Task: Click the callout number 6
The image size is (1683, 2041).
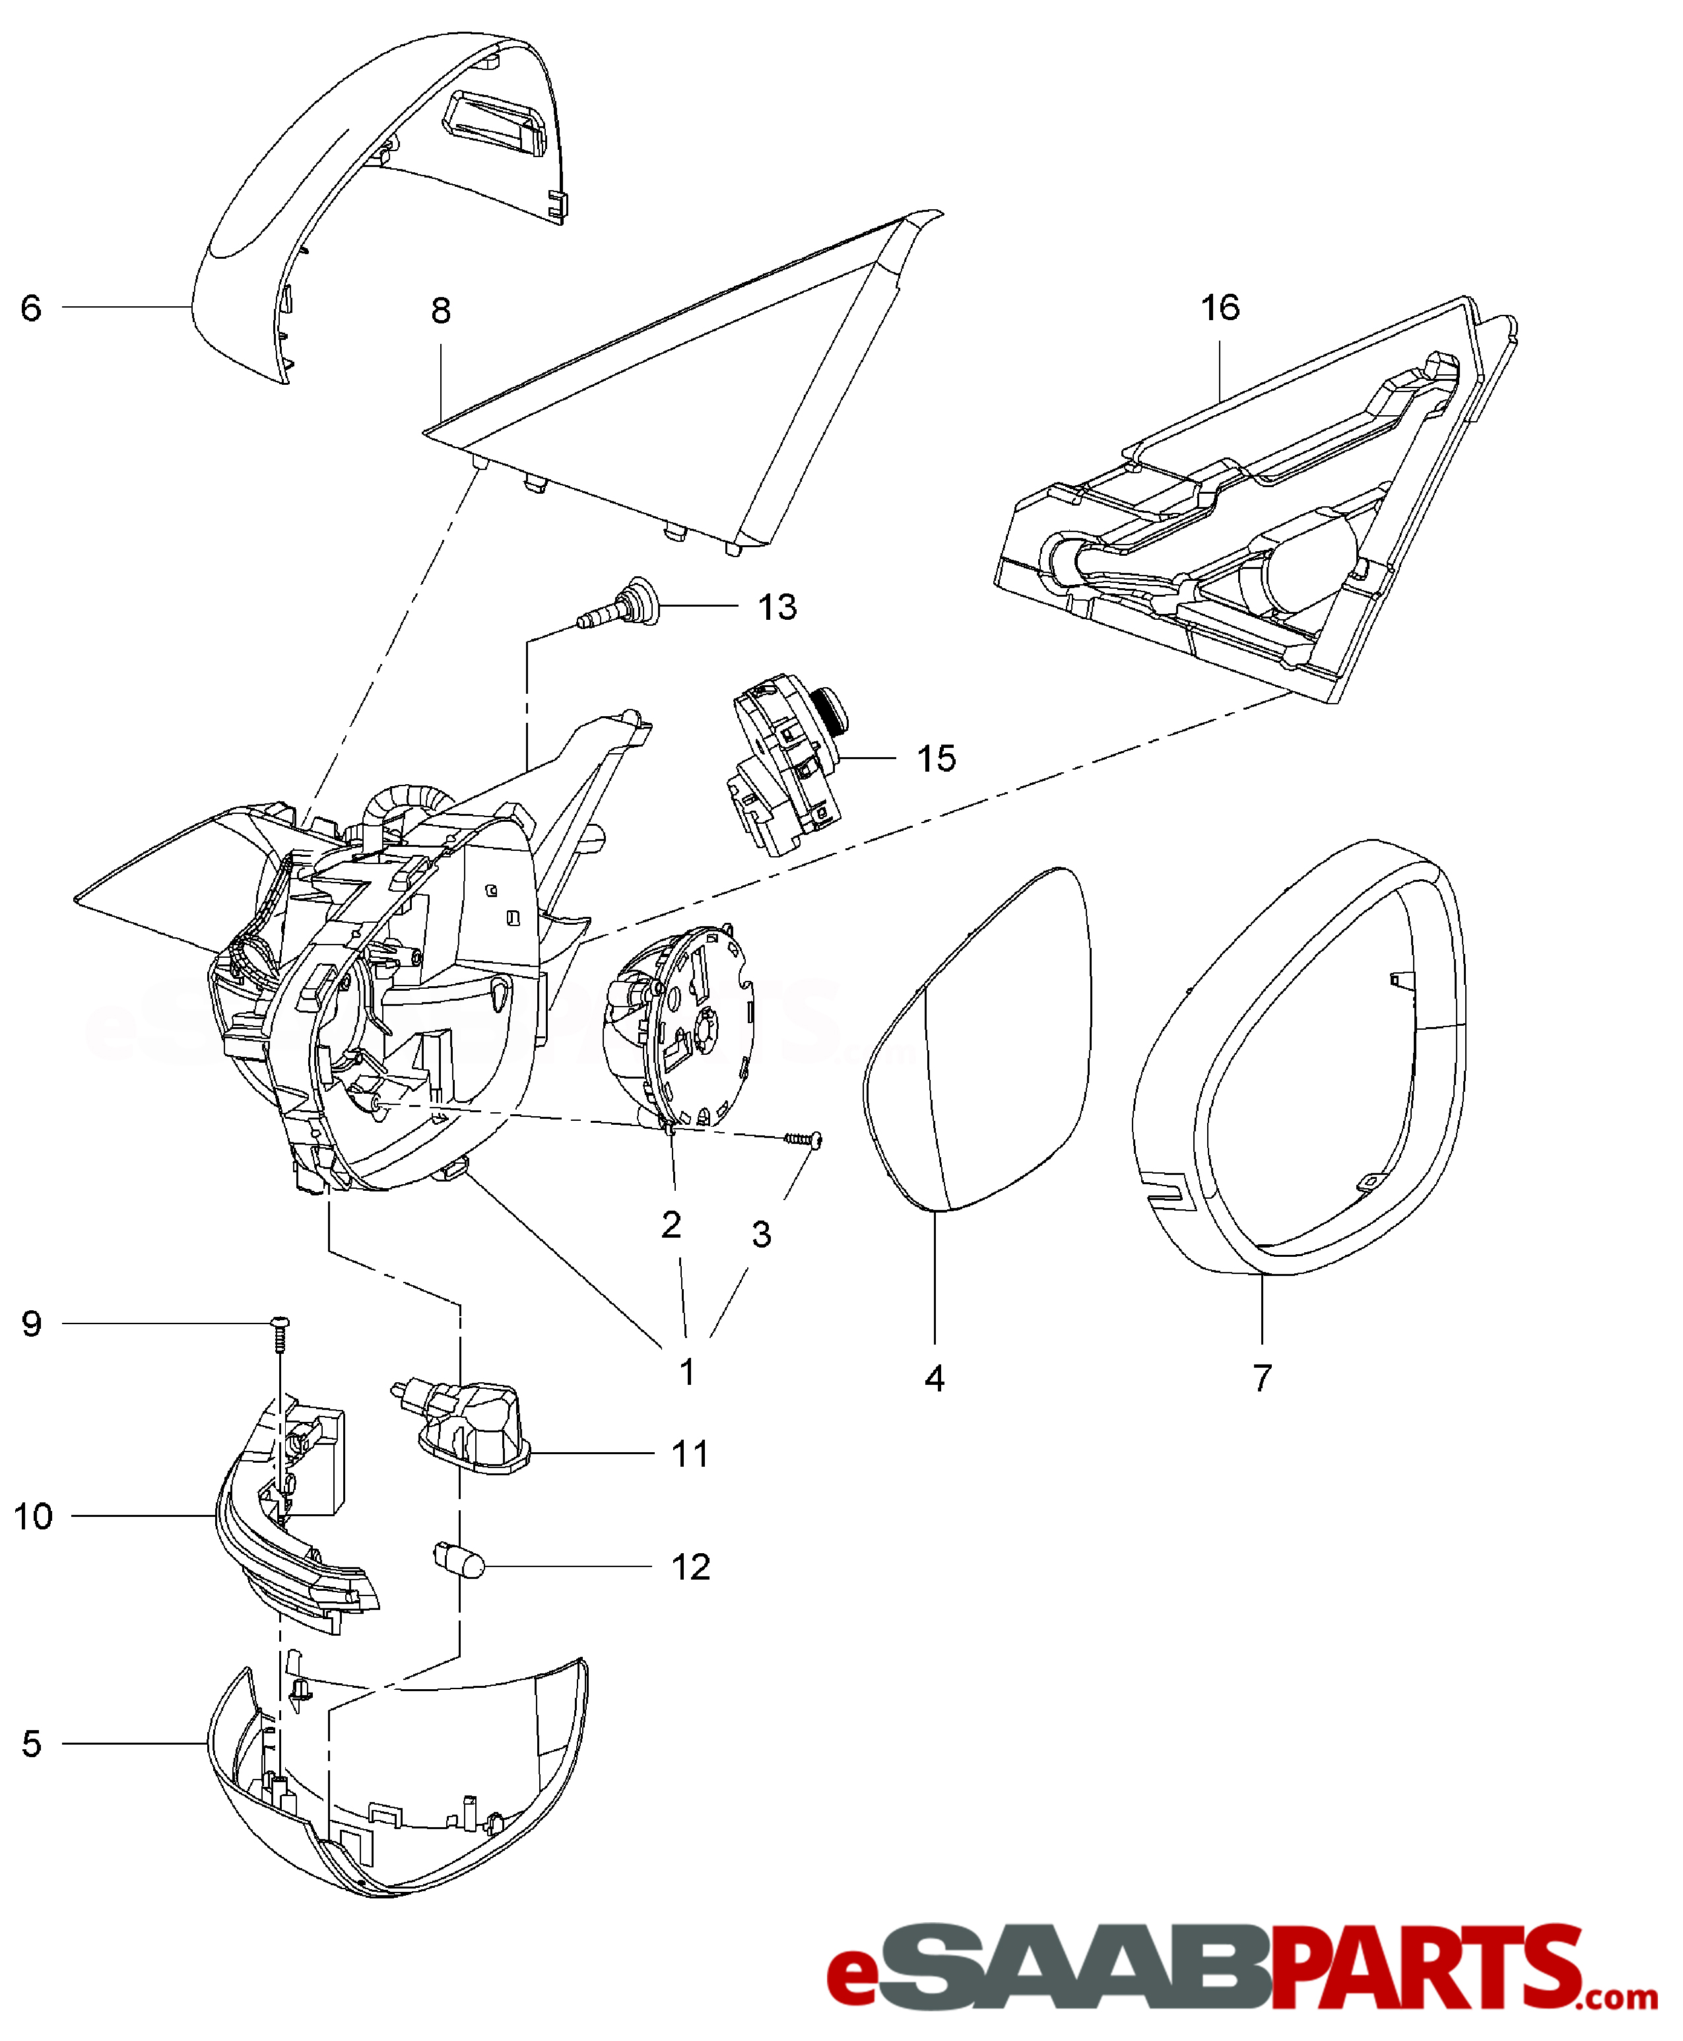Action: point(31,308)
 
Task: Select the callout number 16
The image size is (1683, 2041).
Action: point(1220,308)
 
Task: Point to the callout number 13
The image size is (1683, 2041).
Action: point(777,607)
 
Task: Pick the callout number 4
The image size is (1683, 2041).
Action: point(935,1378)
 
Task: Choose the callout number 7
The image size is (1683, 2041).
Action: point(1261,1378)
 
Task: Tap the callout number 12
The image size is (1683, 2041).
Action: point(690,1567)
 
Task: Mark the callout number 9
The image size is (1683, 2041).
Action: point(32,1323)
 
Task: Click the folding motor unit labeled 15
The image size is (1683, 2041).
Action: point(785,771)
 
